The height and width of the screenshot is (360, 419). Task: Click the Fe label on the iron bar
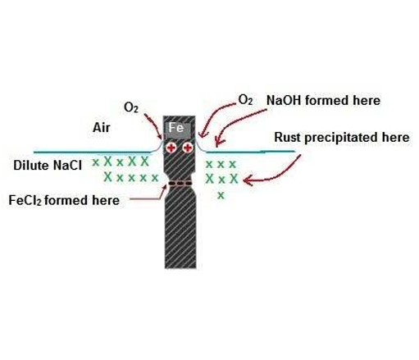coord(176,128)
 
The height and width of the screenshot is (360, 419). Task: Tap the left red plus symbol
coord(171,148)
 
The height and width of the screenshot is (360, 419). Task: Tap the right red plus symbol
coord(188,148)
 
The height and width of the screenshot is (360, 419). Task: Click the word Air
coord(102,128)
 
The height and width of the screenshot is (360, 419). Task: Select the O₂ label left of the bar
coord(131,107)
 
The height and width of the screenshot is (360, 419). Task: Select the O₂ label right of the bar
coord(245,100)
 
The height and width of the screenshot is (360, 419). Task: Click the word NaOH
coord(284,100)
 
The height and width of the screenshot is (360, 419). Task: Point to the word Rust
coord(288,137)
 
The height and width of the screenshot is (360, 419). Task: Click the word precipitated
coord(342,138)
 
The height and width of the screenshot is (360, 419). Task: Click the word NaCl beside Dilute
coord(67,166)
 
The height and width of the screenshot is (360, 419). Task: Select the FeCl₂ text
coord(25,200)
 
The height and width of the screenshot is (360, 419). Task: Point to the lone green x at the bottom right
coord(221,195)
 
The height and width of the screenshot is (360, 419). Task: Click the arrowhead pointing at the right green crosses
coord(247,180)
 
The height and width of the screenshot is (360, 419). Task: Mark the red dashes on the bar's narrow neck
coord(180,183)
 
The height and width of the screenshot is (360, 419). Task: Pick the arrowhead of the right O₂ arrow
coord(202,134)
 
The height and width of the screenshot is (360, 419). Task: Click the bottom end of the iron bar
coord(180,268)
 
